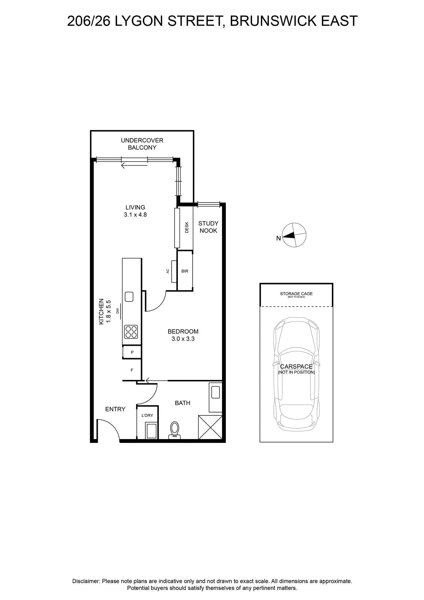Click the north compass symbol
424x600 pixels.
[294, 235]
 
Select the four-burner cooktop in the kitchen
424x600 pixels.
[131, 332]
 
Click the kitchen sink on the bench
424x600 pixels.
[129, 297]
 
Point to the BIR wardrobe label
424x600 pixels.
[185, 271]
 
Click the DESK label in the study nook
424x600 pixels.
[187, 227]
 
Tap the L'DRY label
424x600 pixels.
[148, 415]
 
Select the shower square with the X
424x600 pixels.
[210, 427]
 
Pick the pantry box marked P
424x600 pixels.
[132, 352]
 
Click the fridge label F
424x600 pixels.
[132, 370]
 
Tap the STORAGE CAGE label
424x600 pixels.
[296, 294]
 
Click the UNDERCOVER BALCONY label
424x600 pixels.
[142, 144]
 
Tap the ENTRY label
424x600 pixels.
[115, 409]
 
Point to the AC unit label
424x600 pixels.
[168, 271]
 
